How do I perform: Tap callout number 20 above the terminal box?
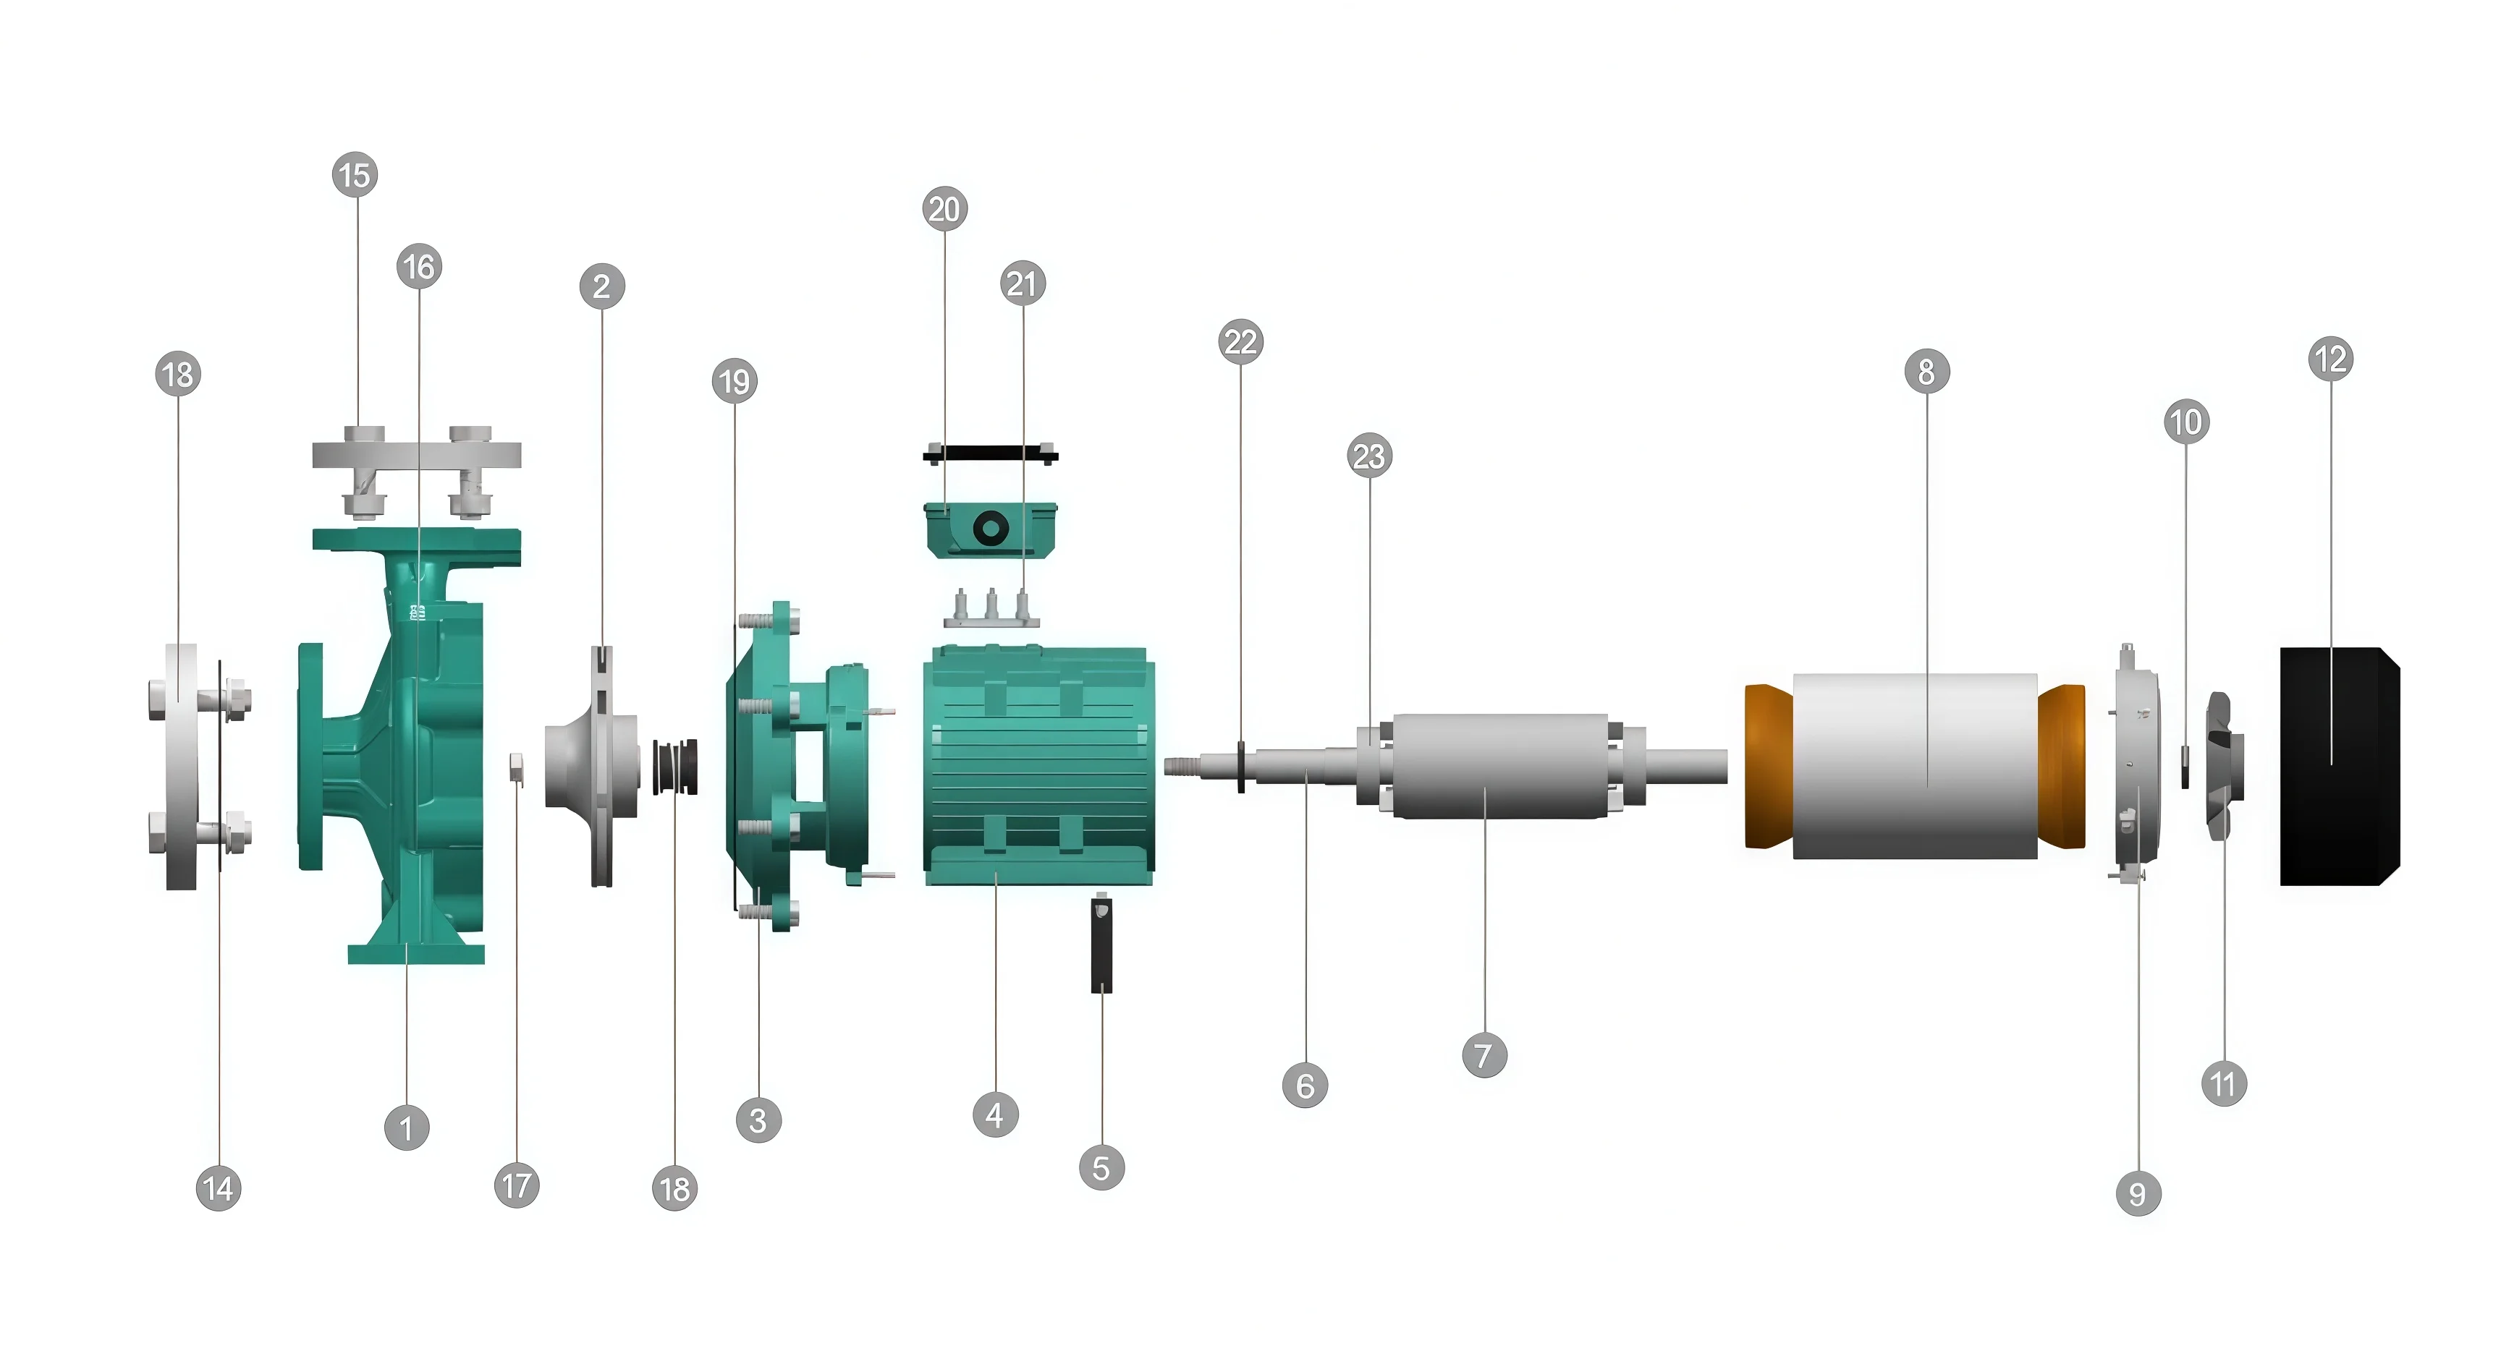point(944,209)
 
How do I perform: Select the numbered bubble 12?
point(2330,359)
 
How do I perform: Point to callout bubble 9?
point(2137,1193)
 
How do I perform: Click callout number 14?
point(219,1188)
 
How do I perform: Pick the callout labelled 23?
point(1369,456)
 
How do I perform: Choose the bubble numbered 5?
point(1102,1168)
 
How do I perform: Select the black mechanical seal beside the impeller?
point(675,767)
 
